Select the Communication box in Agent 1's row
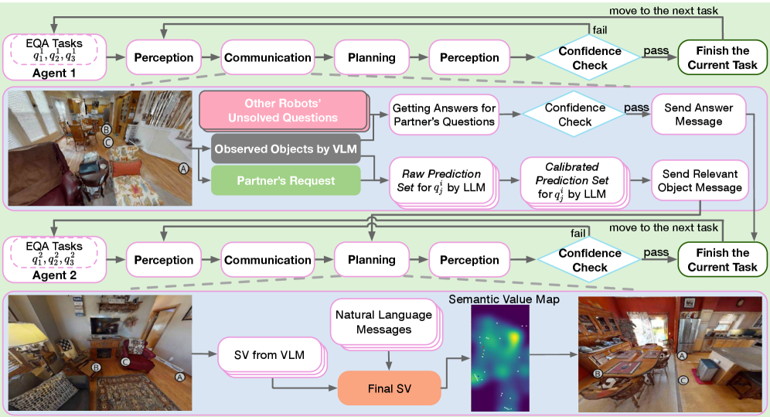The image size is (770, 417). [267, 57]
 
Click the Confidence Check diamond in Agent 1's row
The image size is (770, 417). [590, 58]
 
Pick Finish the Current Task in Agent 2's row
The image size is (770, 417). [722, 260]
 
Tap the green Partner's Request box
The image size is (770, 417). [285, 181]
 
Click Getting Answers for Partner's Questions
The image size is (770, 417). [443, 115]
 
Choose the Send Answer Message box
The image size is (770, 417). [698, 115]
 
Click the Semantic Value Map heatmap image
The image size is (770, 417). [500, 357]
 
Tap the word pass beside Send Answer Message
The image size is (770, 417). [635, 108]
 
